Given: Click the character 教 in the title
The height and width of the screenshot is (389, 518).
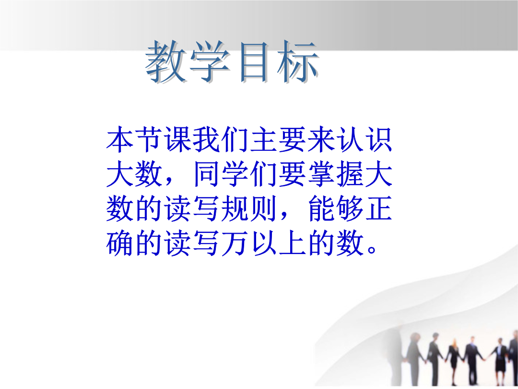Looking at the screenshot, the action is coord(166,61).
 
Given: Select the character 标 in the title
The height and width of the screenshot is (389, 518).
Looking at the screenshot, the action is coord(298,61).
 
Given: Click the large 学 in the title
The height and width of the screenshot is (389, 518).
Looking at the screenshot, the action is coord(210,61).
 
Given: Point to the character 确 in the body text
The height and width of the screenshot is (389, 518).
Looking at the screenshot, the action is coord(119,243).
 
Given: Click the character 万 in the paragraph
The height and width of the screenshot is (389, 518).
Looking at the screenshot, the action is coord(235,243).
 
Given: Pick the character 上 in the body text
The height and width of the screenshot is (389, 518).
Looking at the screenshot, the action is coord(293,243).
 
